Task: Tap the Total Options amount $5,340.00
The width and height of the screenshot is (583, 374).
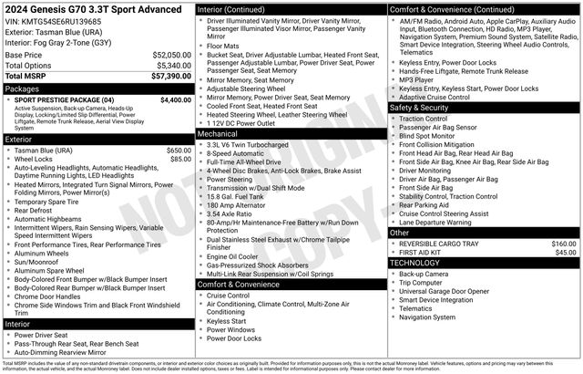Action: point(169,66)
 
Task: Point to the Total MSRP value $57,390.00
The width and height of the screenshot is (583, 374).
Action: point(164,78)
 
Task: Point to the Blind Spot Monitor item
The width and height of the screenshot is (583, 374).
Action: point(430,136)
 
